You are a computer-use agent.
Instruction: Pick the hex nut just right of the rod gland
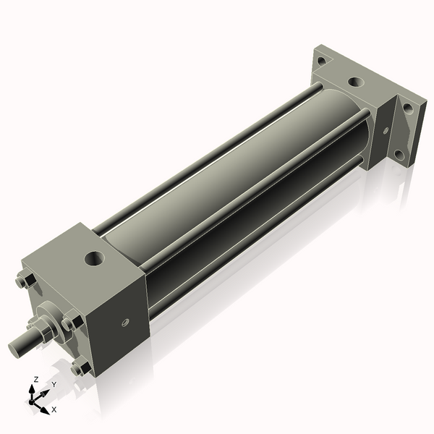point(71,322)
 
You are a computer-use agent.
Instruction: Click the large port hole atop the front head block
point(94,257)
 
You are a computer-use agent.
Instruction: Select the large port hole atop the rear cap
point(355,82)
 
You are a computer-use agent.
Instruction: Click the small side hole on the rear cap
point(386,131)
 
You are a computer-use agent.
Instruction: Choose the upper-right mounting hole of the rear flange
point(409,108)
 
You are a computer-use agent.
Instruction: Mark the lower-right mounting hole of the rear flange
point(398,154)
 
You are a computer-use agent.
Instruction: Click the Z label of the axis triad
point(36,379)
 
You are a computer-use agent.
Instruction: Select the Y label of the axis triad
point(54,385)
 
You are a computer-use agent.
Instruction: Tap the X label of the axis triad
point(54,409)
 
